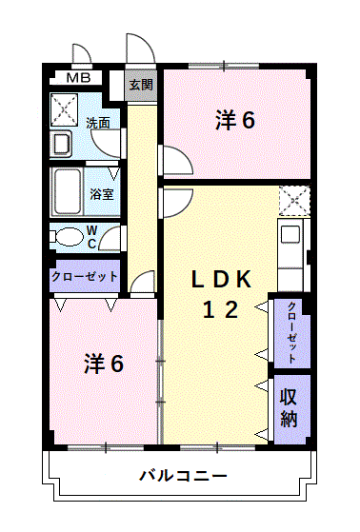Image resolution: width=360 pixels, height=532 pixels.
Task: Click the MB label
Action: tap(79, 78)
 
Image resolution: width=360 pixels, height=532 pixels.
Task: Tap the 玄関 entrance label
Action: tap(141, 84)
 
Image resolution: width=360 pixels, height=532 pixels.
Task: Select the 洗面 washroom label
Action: tap(98, 123)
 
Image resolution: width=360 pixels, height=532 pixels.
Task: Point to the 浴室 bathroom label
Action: tap(102, 193)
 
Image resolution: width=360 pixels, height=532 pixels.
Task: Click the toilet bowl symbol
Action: tap(70, 237)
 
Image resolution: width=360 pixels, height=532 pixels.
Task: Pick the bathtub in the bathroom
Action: tap(68, 191)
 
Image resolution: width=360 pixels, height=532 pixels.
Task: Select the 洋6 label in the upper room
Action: tap(236, 121)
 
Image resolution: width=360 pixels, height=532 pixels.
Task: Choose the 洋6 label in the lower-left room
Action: tap(104, 363)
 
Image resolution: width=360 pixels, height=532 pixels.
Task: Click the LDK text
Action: tap(221, 279)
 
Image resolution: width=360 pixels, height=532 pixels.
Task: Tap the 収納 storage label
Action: tap(290, 408)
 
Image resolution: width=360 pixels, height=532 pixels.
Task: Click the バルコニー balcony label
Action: tap(182, 475)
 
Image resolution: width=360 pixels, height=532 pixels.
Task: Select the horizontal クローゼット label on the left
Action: tap(85, 276)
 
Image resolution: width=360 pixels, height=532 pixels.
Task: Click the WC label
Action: tap(91, 236)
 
